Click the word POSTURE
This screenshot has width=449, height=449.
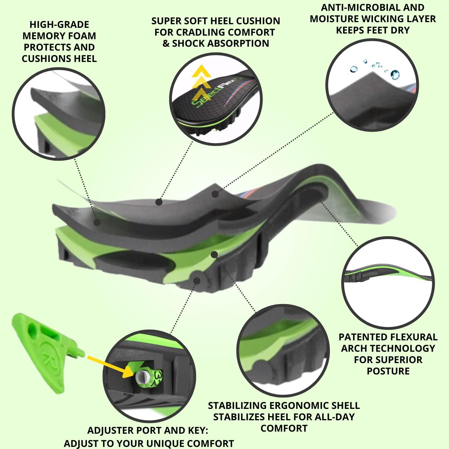point(388,371)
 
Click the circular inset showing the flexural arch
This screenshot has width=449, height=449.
point(388,283)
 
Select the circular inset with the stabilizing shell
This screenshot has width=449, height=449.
point(283,350)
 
